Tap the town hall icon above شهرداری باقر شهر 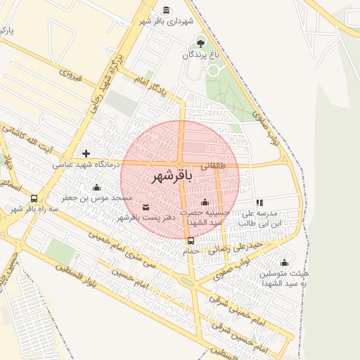(166, 10)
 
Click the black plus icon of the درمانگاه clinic (86, 153)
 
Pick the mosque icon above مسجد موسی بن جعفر (96, 187)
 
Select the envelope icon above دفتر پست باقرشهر (146, 207)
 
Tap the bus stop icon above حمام (191, 240)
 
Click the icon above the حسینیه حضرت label (205, 202)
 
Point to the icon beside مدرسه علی (259, 202)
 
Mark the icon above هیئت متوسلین (284, 262)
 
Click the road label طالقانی (214, 167)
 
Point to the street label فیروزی (72, 75)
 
